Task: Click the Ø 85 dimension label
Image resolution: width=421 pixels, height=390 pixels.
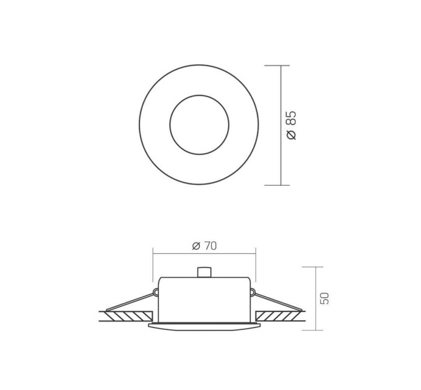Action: click(x=291, y=125)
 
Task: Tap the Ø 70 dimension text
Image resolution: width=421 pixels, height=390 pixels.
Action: click(x=204, y=246)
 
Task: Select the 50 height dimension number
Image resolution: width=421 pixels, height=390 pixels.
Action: click(x=324, y=298)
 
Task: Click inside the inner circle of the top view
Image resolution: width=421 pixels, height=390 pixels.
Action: click(x=199, y=124)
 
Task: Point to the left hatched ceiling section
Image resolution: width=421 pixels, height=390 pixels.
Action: click(x=126, y=316)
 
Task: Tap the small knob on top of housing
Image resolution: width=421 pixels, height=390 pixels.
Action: click(x=204, y=272)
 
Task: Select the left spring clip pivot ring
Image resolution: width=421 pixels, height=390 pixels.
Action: click(x=155, y=292)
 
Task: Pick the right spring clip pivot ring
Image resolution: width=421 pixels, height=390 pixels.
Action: click(x=252, y=292)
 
